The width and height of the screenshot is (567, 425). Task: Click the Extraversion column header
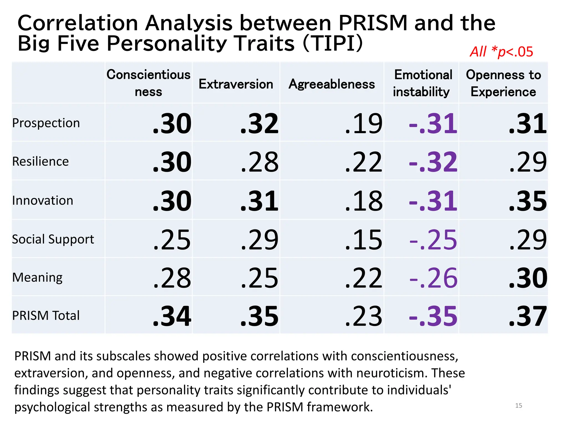(236, 84)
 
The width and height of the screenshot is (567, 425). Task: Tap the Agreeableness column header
(332, 84)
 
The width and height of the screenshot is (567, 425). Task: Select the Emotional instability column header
(422, 83)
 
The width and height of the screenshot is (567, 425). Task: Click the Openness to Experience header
(503, 83)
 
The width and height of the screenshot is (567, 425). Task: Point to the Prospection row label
(46, 123)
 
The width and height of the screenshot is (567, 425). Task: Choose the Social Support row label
(53, 239)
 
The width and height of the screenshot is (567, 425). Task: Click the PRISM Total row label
(46, 315)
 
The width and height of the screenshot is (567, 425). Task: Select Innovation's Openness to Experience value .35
(528, 201)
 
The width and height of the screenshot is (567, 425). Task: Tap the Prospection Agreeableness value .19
(364, 123)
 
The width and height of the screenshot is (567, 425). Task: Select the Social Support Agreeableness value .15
(364, 240)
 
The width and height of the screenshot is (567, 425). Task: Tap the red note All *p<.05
(501, 52)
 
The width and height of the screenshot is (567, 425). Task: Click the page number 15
(519, 406)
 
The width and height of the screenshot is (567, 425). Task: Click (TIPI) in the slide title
(333, 43)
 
